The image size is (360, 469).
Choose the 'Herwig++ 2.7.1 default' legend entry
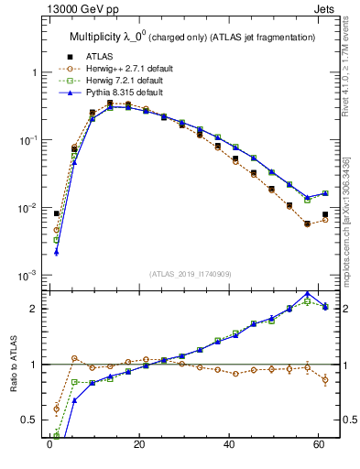(124, 68)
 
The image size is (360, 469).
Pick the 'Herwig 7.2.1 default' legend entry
(122, 81)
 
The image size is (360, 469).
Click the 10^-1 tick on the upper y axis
(29, 140)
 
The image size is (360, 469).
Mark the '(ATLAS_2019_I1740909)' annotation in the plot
(191, 273)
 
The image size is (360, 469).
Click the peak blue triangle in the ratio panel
(307, 293)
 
